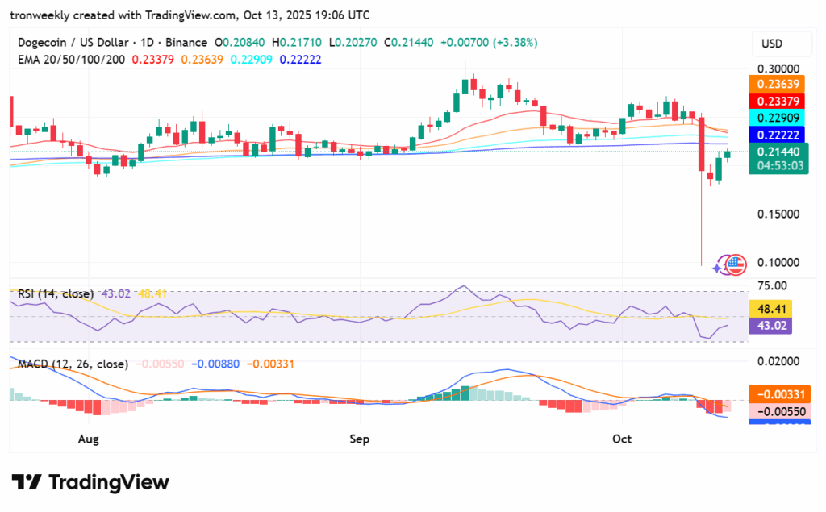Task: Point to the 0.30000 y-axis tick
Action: [x=778, y=69]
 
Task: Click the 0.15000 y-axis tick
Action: [x=778, y=214]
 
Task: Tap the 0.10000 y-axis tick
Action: [x=778, y=263]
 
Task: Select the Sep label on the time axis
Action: [x=360, y=439]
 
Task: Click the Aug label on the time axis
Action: [x=89, y=439]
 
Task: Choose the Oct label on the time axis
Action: [x=622, y=439]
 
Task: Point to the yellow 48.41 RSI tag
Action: [x=778, y=308]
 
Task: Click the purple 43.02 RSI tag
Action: [x=778, y=325]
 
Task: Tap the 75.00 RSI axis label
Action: [x=773, y=285]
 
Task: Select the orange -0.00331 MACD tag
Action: [x=778, y=394]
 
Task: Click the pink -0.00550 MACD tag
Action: [x=778, y=411]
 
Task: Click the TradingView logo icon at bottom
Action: [x=27, y=482]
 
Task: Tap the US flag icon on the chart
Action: [x=736, y=263]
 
